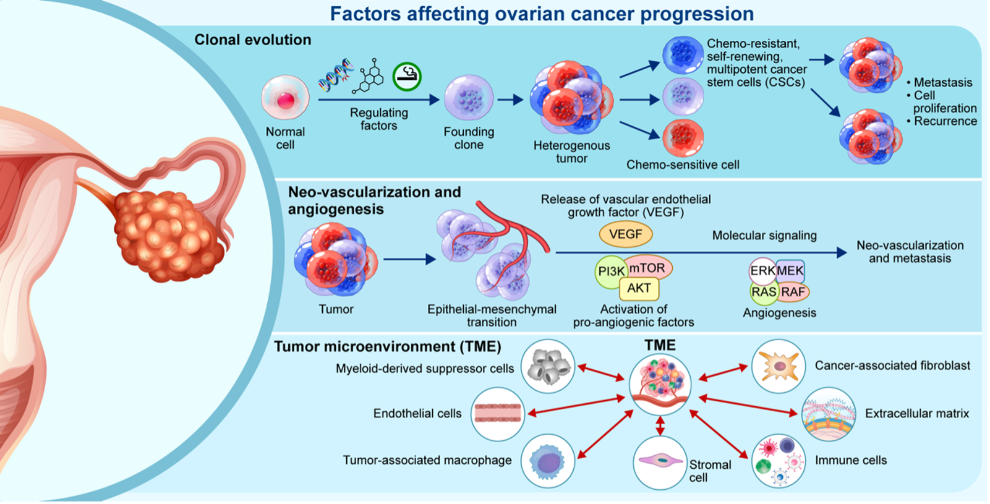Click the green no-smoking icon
pyautogui.click(x=407, y=76)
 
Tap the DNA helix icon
pyautogui.click(x=336, y=75)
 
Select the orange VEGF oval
pyautogui.click(x=625, y=234)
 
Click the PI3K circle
pyautogui.click(x=610, y=271)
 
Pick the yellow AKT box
pyautogui.click(x=639, y=288)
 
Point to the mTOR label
pyautogui.click(x=648, y=268)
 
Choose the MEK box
pyautogui.click(x=790, y=270)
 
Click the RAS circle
pyautogui.click(x=764, y=292)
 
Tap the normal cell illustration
pyautogui.click(x=285, y=98)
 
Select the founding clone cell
pyautogui.click(x=469, y=98)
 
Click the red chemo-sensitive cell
pyautogui.click(x=683, y=137)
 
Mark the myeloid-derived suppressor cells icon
pyautogui.click(x=548, y=366)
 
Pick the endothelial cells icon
pyautogui.click(x=498, y=414)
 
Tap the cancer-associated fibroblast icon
pyautogui.click(x=779, y=366)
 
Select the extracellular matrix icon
pyautogui.click(x=829, y=414)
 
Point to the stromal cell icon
pyautogui.click(x=660, y=461)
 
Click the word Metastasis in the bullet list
pyautogui.click(x=942, y=82)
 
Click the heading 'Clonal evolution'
pyautogui.click(x=252, y=40)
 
